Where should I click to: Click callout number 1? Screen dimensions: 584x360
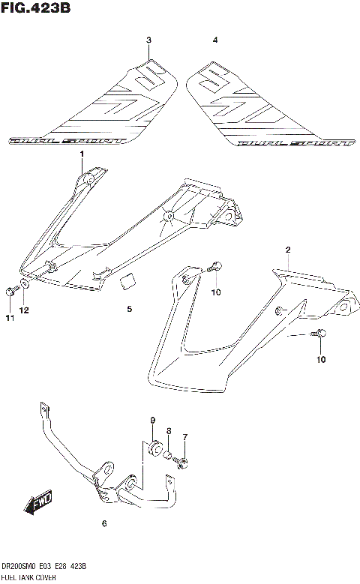pyautogui.click(x=82, y=154)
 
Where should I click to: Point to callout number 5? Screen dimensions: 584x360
pyautogui.click(x=129, y=309)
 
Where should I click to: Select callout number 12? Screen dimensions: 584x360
pyautogui.click(x=24, y=310)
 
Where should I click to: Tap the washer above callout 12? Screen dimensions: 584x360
pyautogui.click(x=25, y=285)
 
